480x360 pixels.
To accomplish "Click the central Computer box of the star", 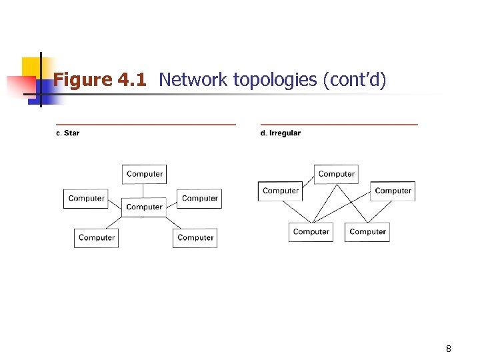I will [144, 207].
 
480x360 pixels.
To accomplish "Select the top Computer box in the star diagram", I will [144, 174].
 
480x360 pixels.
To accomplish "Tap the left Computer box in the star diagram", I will [86, 199].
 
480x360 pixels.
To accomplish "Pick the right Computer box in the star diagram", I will [199, 199].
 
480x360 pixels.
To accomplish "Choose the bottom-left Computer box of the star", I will [96, 238].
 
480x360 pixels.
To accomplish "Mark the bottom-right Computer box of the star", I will [195, 238].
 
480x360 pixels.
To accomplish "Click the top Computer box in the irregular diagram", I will [336, 174].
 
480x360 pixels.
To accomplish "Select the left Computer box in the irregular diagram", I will [281, 191].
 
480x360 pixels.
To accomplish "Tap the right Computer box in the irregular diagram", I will [393, 191].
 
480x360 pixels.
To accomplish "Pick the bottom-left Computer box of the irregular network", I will [311, 232].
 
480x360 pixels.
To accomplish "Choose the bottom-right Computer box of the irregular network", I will [367, 232].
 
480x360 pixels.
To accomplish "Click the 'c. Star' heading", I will [67, 133].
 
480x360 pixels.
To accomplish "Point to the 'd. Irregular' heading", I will [280, 133].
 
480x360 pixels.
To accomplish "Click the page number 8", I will [449, 349].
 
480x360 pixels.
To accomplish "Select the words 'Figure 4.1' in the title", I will [99, 80].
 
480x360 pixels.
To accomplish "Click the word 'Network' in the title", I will [193, 80].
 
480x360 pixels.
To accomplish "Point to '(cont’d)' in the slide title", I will [354, 80].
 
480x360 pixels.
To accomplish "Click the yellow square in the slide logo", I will [31, 67].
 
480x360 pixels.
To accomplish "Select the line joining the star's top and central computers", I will [144, 191].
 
